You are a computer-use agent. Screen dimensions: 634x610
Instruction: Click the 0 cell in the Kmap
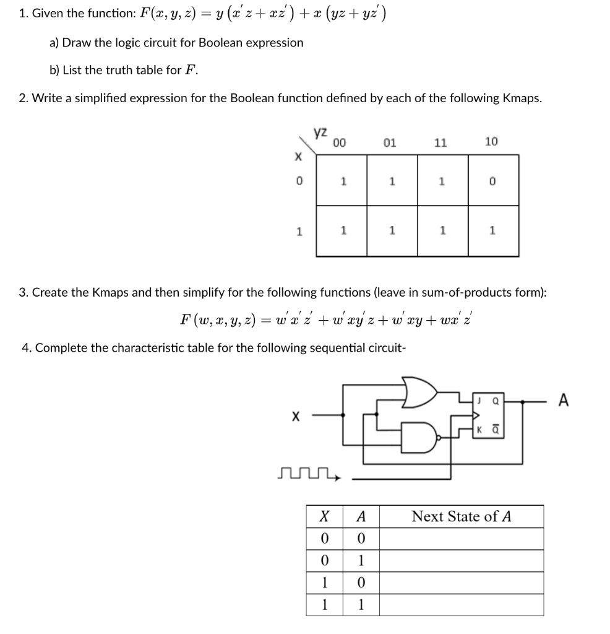coord(492,182)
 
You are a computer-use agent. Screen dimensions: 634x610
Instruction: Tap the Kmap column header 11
coord(440,142)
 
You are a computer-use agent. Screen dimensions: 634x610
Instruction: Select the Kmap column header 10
coord(491,142)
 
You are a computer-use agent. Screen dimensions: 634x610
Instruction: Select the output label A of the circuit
coord(563,401)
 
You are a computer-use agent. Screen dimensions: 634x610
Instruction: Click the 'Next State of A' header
coord(461,516)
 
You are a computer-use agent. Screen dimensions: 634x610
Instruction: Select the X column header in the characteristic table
coord(323,516)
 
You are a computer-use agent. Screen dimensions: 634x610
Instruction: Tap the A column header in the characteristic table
coord(362,516)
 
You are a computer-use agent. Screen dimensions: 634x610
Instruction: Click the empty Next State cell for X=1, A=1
coord(461,605)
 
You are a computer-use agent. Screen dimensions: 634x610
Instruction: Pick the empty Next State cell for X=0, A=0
coord(461,539)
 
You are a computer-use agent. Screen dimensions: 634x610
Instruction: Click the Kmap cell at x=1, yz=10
coord(492,230)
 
